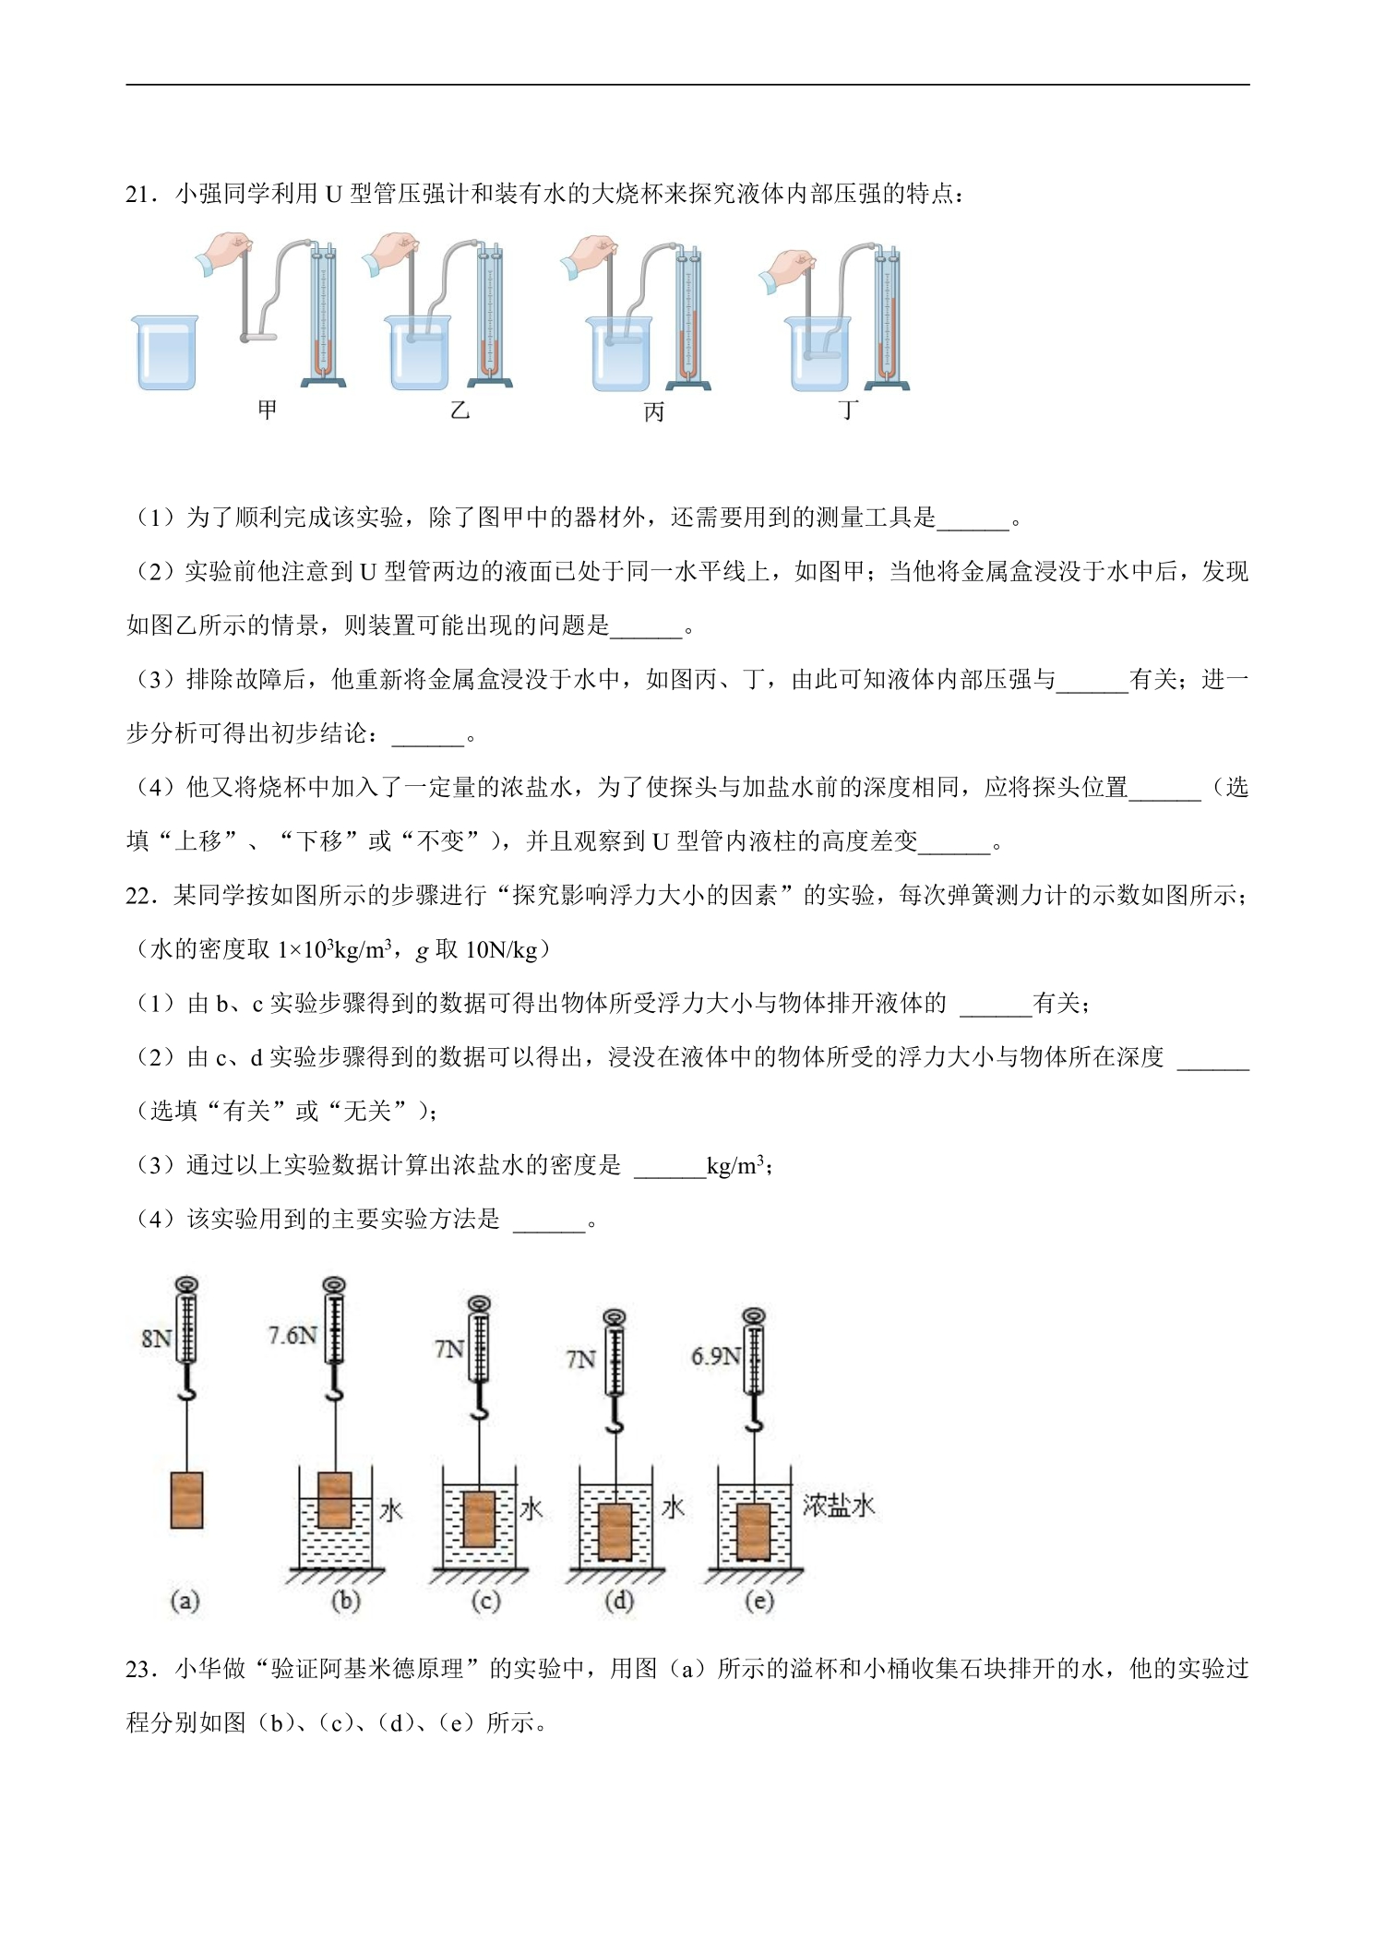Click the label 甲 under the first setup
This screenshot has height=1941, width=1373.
[x=267, y=409]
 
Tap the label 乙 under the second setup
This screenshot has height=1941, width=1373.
[x=460, y=409]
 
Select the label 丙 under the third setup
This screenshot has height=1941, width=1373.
[x=654, y=411]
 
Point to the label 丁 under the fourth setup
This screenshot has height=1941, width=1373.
[x=849, y=409]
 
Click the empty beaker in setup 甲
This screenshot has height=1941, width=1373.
[x=166, y=352]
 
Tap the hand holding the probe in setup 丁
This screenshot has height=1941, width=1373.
[x=786, y=268]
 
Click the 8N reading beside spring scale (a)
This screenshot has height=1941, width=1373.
[x=156, y=1338]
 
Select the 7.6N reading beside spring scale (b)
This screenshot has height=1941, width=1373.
[x=293, y=1335]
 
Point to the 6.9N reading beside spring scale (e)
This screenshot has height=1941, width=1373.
[x=716, y=1356]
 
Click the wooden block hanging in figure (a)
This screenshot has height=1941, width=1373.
[x=187, y=1500]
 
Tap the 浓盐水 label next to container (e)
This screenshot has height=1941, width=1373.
[x=838, y=1506]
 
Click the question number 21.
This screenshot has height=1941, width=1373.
[x=141, y=195]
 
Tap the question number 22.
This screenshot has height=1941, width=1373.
[x=141, y=896]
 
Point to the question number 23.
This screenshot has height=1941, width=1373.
[x=141, y=1669]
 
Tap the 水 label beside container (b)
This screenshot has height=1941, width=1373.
[x=391, y=1510]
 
